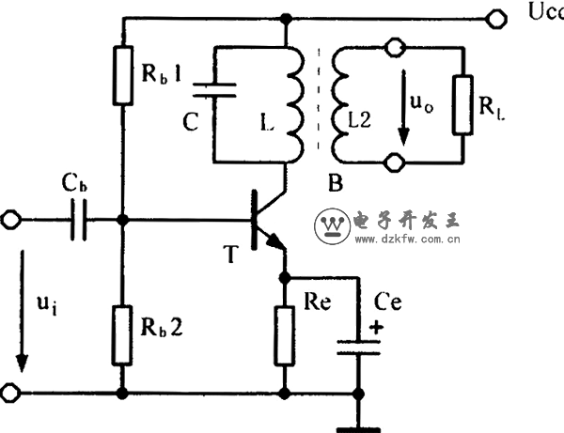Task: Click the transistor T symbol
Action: (260, 222)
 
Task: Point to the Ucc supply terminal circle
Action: (495, 17)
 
